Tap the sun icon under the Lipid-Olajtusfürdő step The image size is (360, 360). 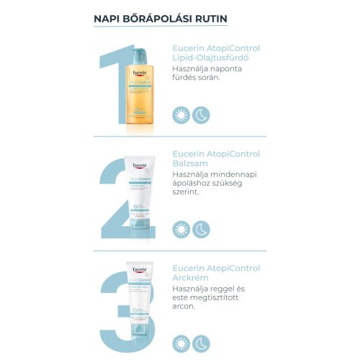(181, 114)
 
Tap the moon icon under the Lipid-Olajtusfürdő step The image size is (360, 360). (202, 114)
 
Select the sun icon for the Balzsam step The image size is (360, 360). (181, 229)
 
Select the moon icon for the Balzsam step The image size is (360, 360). (202, 229)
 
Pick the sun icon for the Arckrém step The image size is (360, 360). (181, 343)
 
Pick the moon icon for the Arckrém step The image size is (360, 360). (202, 343)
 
